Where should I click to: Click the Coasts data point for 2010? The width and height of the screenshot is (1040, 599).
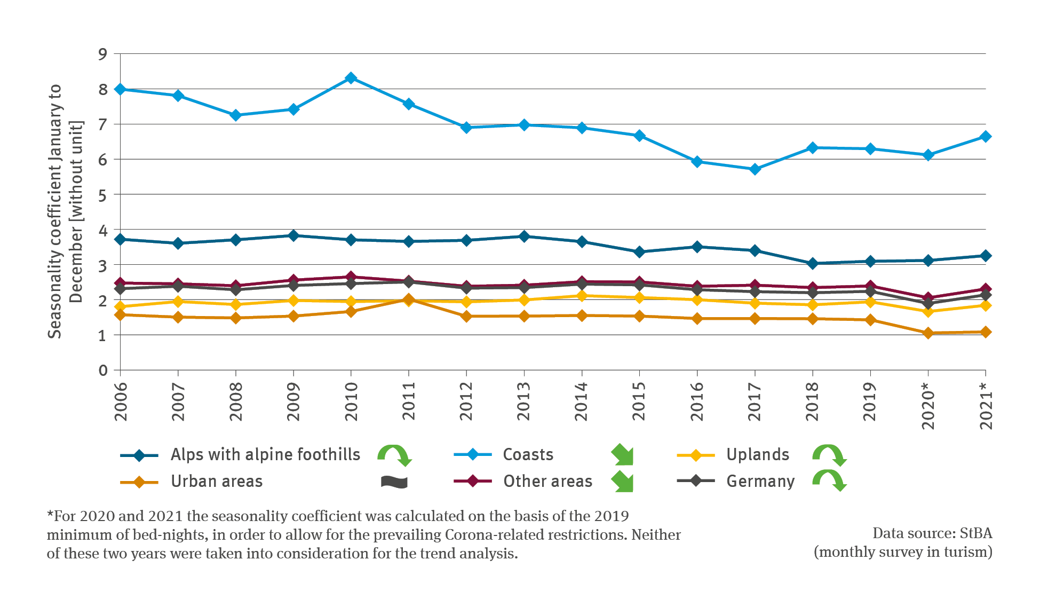point(351,78)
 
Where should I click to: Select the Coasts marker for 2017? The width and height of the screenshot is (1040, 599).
point(755,169)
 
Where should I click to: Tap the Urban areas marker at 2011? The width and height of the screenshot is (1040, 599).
point(409,299)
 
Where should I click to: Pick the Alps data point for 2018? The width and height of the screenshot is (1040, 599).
point(813,263)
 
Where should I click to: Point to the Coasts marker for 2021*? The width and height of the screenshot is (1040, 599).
point(986,137)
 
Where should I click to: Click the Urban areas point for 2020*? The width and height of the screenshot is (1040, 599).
point(928,333)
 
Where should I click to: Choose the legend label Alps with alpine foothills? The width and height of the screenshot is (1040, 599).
point(265,455)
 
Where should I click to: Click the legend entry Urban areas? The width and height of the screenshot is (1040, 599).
point(217,482)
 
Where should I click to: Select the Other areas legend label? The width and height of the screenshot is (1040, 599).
point(547,482)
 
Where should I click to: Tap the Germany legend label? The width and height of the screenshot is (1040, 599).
point(760,482)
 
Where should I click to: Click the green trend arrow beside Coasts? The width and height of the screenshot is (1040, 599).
point(622,455)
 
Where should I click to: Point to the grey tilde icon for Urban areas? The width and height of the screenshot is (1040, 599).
point(394,482)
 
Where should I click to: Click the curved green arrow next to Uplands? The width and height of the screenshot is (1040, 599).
point(829,455)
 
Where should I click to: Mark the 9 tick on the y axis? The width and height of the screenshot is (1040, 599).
point(102,54)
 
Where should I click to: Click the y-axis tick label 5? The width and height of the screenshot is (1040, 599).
point(102,195)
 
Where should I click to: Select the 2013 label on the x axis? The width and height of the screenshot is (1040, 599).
point(523,401)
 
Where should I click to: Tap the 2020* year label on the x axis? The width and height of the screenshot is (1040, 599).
point(928,406)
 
